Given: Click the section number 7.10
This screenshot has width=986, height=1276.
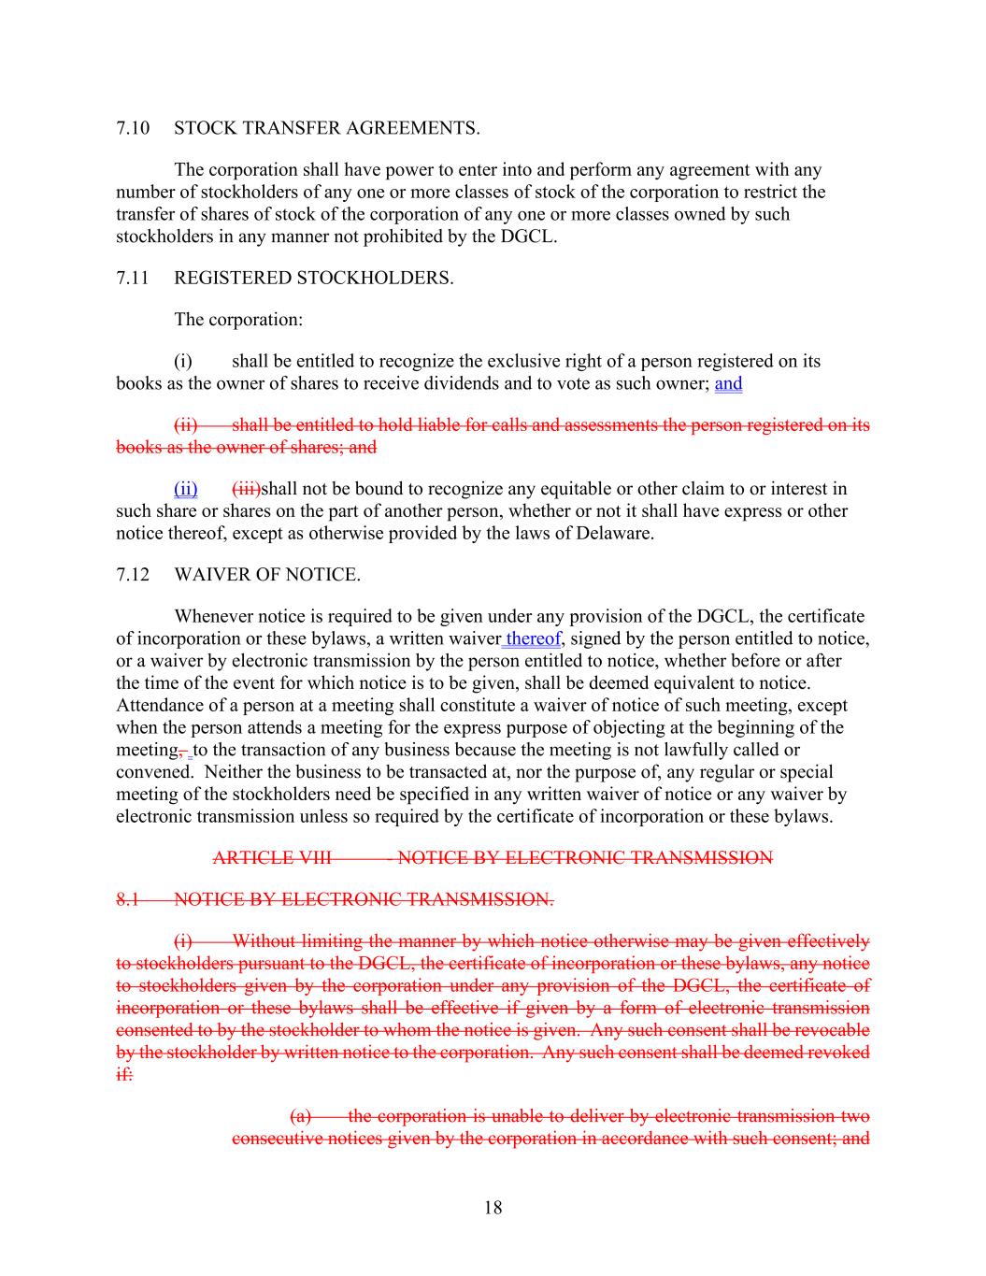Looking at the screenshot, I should pyautogui.click(x=133, y=128).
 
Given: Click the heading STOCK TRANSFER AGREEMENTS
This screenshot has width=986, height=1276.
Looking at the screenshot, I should pyautogui.click(x=326, y=128).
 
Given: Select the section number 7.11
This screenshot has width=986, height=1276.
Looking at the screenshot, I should pyautogui.click(x=133, y=278).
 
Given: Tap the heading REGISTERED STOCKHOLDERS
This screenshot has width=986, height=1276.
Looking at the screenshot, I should pyautogui.click(x=313, y=278).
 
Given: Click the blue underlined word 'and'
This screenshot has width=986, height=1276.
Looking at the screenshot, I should pyautogui.click(x=728, y=383).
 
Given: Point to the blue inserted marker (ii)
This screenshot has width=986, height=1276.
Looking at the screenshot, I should pyautogui.click(x=185, y=489).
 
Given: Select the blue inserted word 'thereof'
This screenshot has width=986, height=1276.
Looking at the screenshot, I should pyautogui.click(x=533, y=639).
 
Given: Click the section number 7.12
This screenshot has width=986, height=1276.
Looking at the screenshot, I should pyautogui.click(x=133, y=575).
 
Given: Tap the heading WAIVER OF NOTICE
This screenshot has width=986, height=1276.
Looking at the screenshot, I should pyautogui.click(x=266, y=575).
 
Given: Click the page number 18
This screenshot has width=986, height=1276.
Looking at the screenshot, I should pyautogui.click(x=493, y=1208).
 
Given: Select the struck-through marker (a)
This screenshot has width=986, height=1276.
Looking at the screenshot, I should pyautogui.click(x=300, y=1116).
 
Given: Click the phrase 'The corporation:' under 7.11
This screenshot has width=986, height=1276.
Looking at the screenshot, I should pyautogui.click(x=238, y=320).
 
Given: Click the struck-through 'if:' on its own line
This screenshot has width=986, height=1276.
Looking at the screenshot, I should pyautogui.click(x=124, y=1075).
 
